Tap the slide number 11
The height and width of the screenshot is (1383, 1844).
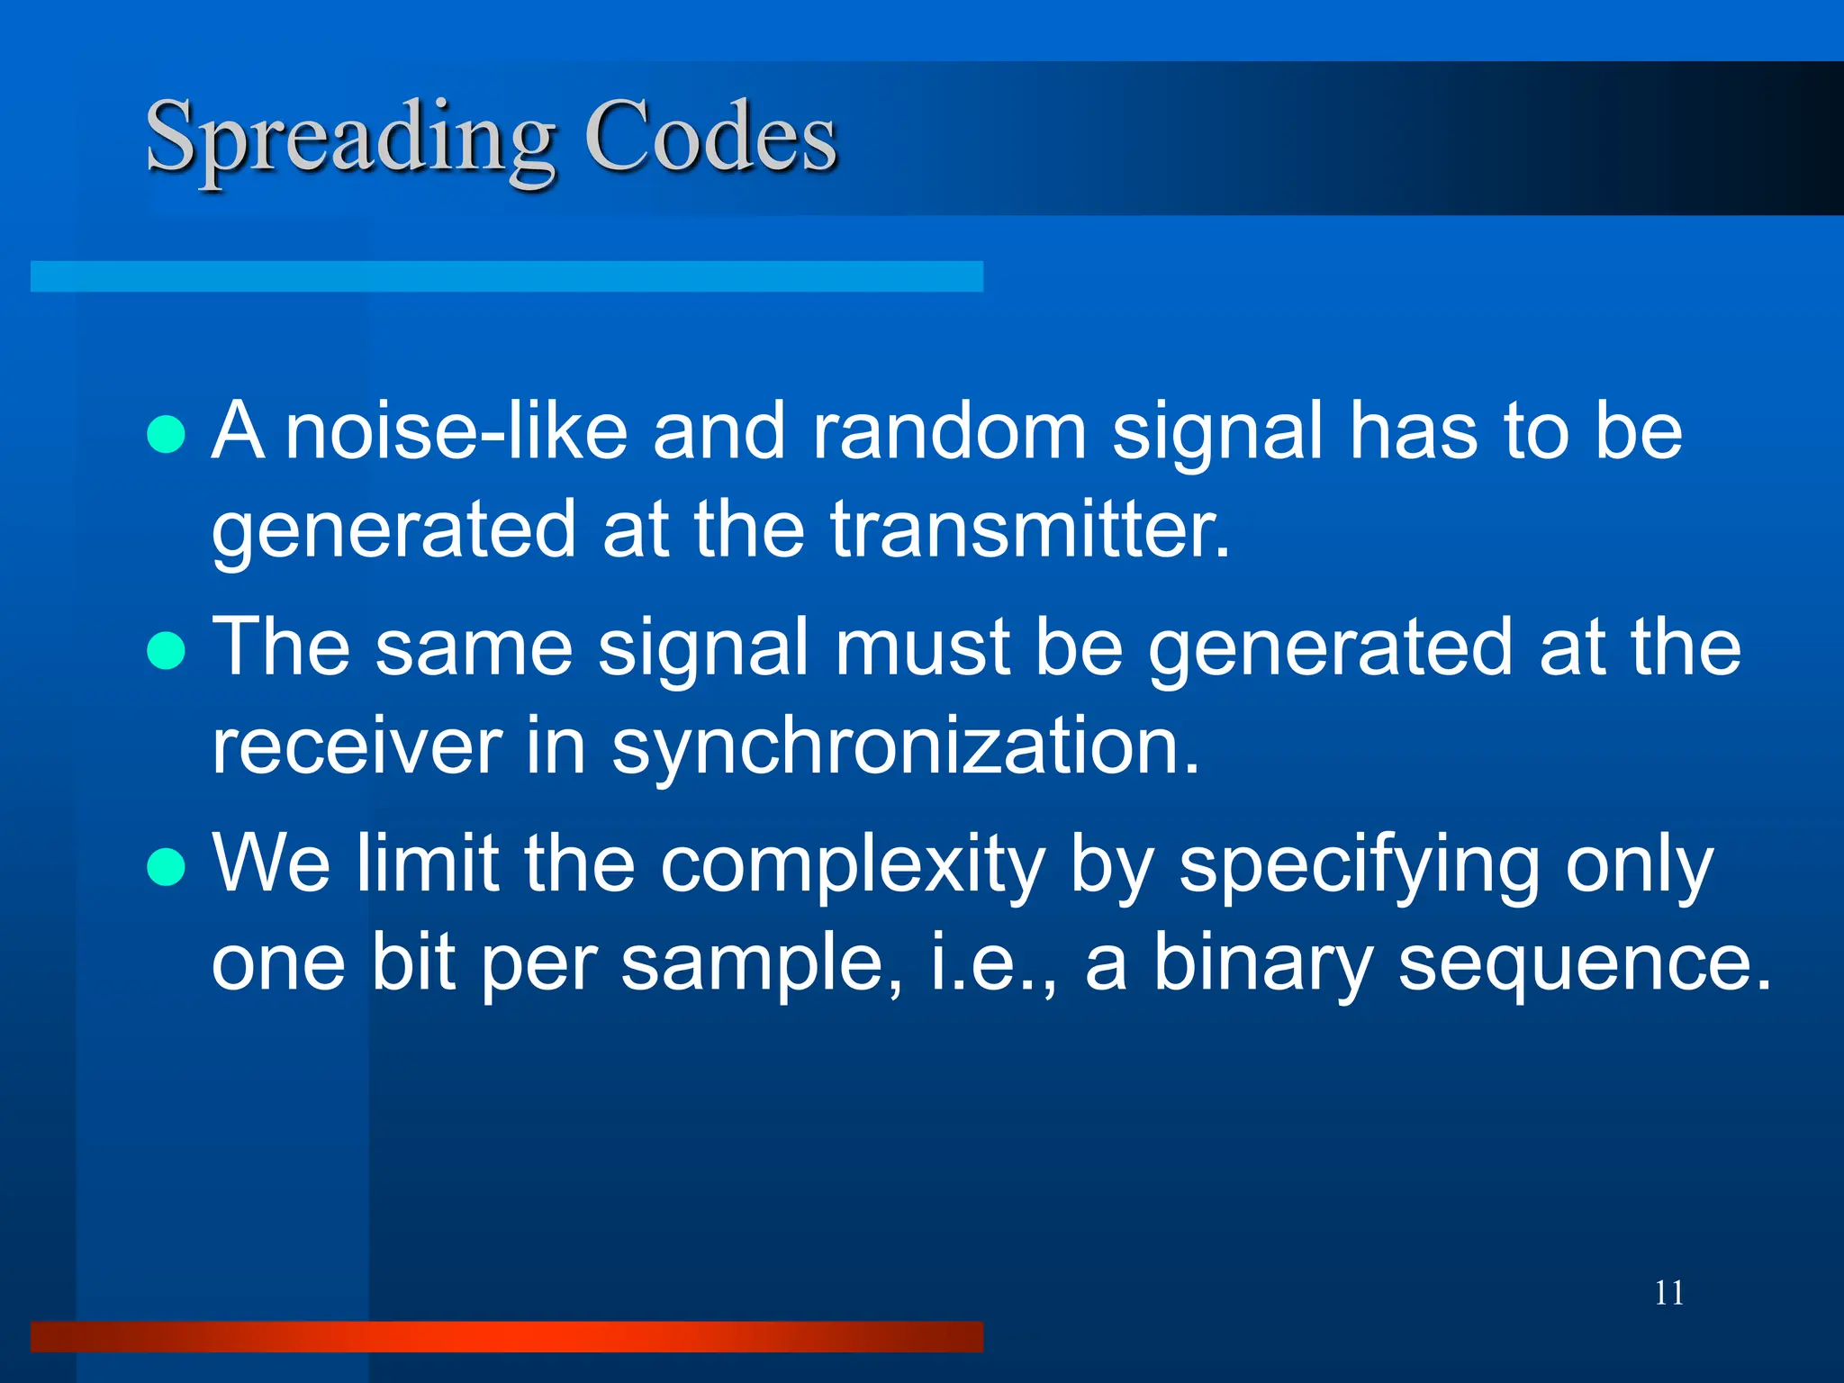coord(1668,1293)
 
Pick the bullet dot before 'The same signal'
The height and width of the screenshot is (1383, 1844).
coord(166,650)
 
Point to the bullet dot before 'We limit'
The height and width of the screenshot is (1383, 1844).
coord(166,867)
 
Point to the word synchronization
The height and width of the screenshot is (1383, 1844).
coord(905,747)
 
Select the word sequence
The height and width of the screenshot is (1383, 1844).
coord(1585,963)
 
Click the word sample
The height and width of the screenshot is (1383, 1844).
coord(762,963)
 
